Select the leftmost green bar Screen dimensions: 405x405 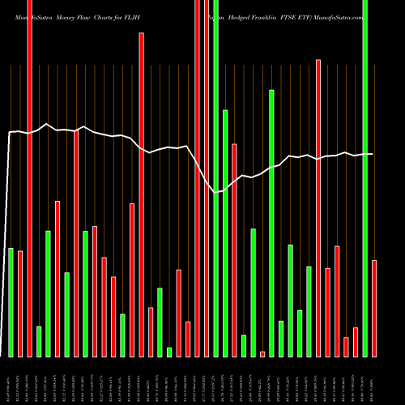11,302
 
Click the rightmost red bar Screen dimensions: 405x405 374,308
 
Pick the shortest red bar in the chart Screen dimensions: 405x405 262,354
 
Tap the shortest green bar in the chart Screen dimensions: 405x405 169,352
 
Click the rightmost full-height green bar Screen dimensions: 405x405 365,178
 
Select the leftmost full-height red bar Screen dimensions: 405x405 30,178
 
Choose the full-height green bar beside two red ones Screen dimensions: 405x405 216,178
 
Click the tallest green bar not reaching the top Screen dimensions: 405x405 271,223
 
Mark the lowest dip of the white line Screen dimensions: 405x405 215,192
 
